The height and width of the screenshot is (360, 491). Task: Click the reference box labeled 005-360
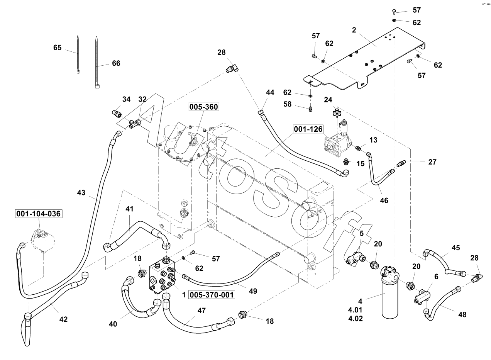point(203,106)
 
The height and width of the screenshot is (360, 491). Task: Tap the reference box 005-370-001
point(212,295)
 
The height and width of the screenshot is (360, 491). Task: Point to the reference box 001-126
point(308,129)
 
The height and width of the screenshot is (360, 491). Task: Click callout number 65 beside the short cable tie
point(58,48)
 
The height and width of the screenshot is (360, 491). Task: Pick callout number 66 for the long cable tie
point(116,63)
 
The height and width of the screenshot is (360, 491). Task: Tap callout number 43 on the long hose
point(81,192)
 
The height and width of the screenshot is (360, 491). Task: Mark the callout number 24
point(328,100)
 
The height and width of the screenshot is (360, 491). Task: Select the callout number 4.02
point(355,319)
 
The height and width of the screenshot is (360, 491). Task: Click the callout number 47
point(201,310)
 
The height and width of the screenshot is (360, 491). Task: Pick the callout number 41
point(129,209)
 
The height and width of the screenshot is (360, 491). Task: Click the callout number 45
point(456,248)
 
